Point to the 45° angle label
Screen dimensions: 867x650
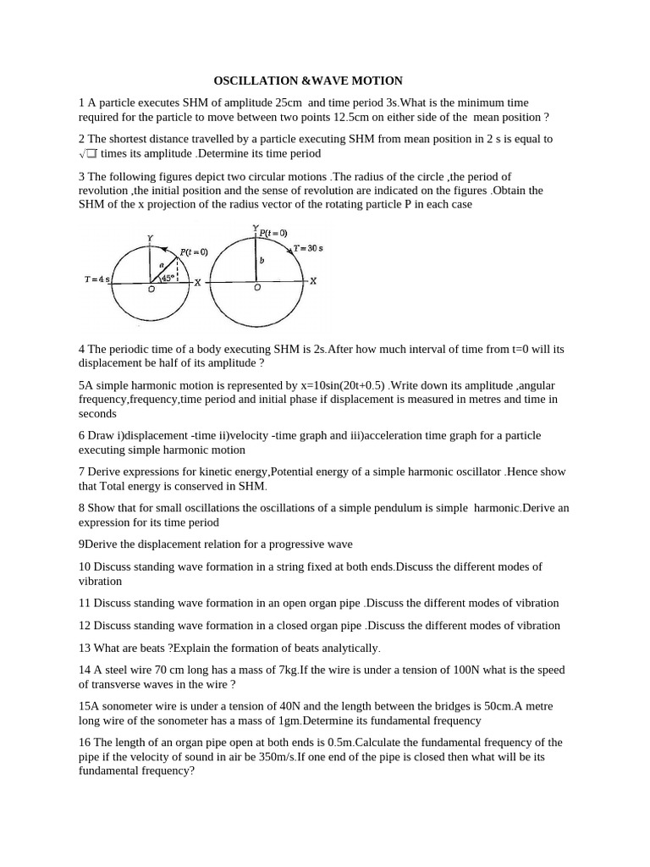coord(167,276)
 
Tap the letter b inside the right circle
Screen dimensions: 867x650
coord(262,261)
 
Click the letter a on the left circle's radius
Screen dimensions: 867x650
coord(162,265)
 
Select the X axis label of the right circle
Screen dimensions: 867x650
coord(312,281)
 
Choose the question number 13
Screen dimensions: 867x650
coord(85,648)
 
